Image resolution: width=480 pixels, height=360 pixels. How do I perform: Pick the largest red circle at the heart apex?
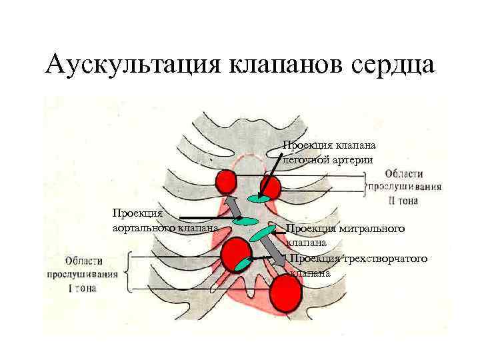pyautogui.click(x=285, y=293)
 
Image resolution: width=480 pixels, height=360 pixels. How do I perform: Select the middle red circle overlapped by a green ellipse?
pyautogui.click(x=235, y=254)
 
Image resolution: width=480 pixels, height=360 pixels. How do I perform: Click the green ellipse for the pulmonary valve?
pyautogui.click(x=260, y=199)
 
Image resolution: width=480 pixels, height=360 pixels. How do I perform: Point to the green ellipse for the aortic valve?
pyautogui.click(x=245, y=221)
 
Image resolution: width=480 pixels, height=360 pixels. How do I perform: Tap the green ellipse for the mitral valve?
pyautogui.click(x=263, y=233)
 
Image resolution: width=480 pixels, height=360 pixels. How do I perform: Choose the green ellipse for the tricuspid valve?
pyautogui.click(x=243, y=263)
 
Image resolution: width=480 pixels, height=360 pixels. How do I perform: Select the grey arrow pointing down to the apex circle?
pyautogui.click(x=271, y=251)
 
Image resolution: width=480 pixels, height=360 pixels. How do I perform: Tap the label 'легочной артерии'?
pyautogui.click(x=324, y=160)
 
